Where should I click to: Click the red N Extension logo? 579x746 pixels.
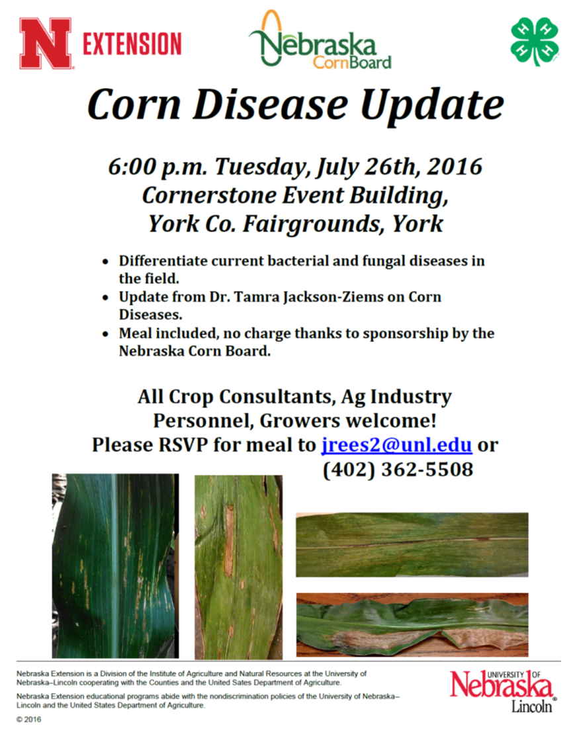[100, 44]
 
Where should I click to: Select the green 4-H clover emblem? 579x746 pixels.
[534, 42]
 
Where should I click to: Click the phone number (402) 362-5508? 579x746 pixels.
[398, 470]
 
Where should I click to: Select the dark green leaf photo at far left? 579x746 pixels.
[115, 565]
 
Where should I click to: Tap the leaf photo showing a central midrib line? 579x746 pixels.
[412, 544]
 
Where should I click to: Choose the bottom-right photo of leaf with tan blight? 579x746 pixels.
[412, 624]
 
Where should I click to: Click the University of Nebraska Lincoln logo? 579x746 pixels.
[502, 689]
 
